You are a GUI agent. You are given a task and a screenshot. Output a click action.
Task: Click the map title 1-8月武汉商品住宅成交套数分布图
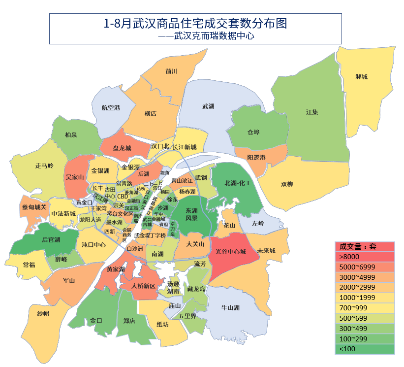click(x=195, y=23)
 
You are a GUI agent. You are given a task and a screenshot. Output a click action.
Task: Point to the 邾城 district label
click(x=362, y=77)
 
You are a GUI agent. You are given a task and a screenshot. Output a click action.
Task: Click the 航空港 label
click(x=111, y=107)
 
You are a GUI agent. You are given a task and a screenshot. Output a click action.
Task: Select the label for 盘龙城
click(x=122, y=148)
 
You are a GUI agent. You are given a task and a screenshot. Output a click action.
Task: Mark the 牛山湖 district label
click(x=230, y=308)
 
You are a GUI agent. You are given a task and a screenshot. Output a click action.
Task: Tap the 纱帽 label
click(x=43, y=314)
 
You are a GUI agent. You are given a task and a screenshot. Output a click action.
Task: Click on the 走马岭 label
click(x=44, y=166)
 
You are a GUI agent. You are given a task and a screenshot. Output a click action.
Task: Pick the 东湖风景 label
click(x=191, y=214)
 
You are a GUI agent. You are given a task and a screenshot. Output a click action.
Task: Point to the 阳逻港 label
click(x=256, y=157)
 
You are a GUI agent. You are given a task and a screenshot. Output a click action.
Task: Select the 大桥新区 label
click(x=144, y=286)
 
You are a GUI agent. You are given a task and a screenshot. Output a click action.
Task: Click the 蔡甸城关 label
click(x=34, y=207)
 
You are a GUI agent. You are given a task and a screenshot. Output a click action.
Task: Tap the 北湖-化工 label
click(x=238, y=183)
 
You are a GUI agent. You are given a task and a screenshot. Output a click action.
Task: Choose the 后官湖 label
click(x=51, y=240)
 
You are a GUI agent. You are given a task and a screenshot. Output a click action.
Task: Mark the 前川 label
click(x=171, y=71)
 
